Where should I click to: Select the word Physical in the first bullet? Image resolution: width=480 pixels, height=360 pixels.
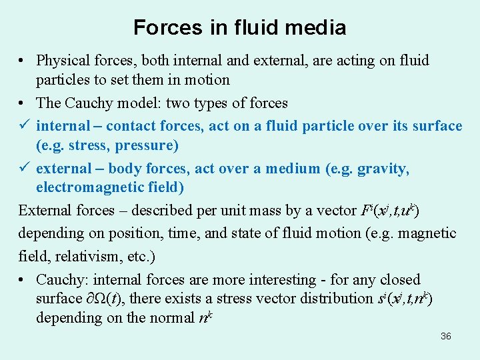[x=65, y=61]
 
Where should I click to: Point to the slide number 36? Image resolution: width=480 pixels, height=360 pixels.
[x=446, y=336]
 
